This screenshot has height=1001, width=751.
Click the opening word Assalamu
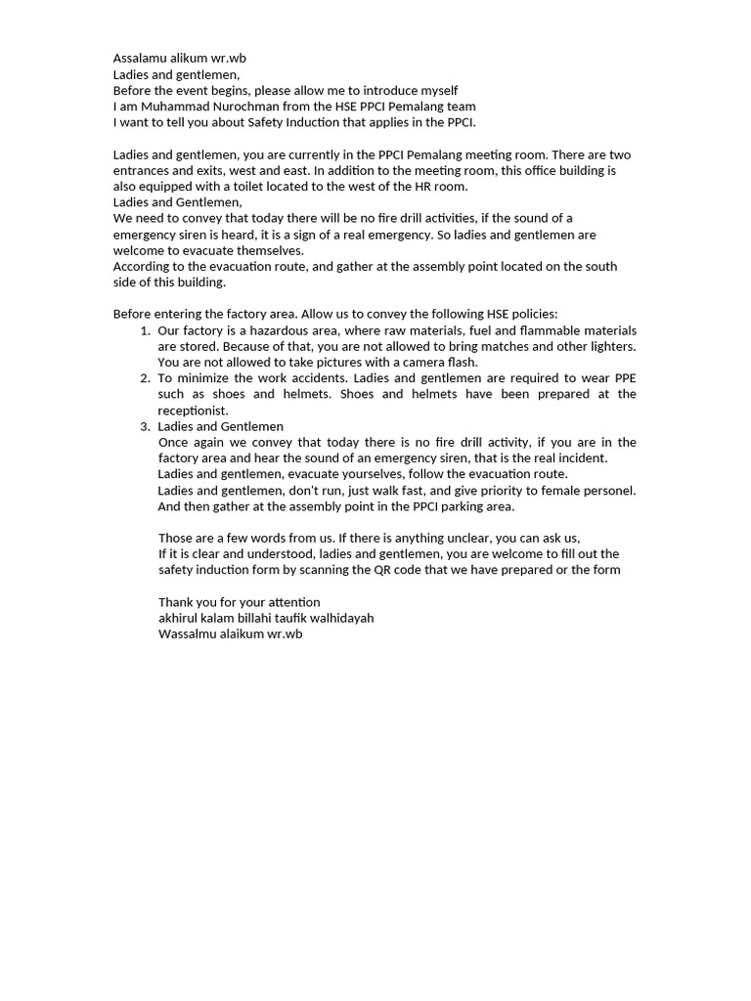(x=140, y=59)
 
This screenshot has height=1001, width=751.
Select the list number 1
(x=145, y=330)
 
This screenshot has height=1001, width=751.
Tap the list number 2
(x=145, y=378)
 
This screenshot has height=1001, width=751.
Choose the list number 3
(x=145, y=426)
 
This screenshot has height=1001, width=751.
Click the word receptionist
(x=193, y=411)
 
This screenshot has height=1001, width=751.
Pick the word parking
(x=443, y=506)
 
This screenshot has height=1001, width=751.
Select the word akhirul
(x=179, y=618)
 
